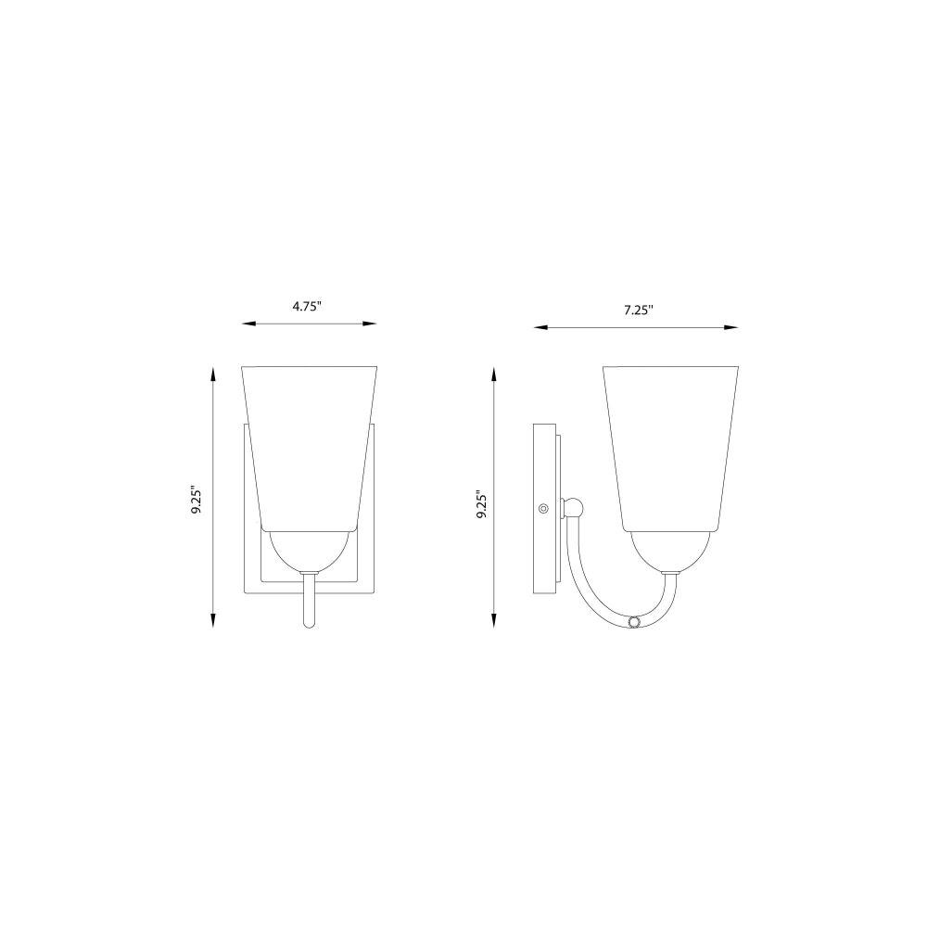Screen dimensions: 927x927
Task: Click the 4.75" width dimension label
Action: tap(308, 307)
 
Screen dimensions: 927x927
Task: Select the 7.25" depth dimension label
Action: tap(639, 310)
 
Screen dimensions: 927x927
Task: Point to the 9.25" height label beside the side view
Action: tap(482, 505)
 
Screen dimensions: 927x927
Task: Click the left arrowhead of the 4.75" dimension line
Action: tap(248, 324)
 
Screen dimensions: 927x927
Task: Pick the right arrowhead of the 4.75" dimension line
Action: tap(370, 324)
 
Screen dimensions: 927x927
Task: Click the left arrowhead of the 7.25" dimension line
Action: tap(541, 327)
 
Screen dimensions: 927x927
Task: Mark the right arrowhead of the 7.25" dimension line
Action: tap(731, 327)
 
